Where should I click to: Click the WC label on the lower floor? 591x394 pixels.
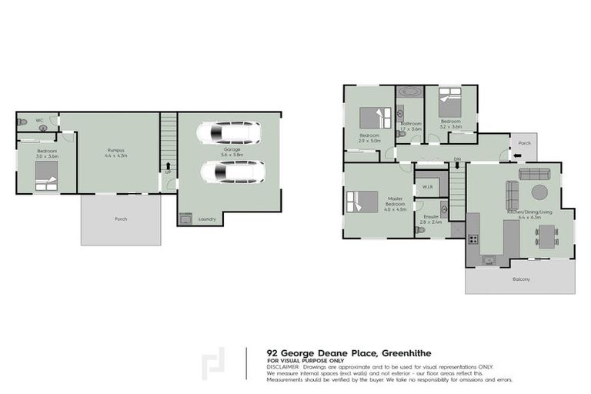(x=38, y=121)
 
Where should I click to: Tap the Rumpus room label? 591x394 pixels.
(x=115, y=150)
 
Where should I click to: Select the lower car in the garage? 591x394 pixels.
(x=232, y=172)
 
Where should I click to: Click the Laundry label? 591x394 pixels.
(x=207, y=219)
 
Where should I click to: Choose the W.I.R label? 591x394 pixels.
(x=427, y=188)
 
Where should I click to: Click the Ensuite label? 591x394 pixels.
(x=430, y=218)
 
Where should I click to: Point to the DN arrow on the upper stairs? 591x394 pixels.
(x=457, y=161)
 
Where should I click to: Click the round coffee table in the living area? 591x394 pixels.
(x=540, y=192)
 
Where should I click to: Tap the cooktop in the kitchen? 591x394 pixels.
(x=472, y=239)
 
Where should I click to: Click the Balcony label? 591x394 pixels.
(x=521, y=279)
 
